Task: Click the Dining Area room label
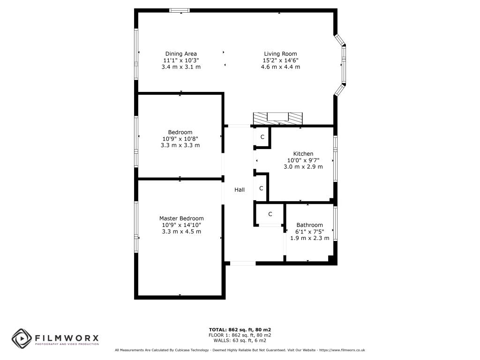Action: click(x=181, y=54)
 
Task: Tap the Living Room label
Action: click(x=280, y=54)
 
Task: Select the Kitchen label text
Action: click(x=303, y=154)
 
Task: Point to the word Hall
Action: click(x=240, y=190)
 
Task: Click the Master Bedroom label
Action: click(x=181, y=218)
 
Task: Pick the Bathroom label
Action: click(x=309, y=225)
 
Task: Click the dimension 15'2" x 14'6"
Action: click(x=280, y=60)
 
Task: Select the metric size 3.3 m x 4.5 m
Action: click(x=181, y=232)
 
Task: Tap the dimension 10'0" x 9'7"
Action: click(x=303, y=160)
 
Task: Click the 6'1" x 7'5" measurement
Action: click(x=309, y=232)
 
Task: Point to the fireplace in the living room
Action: click(x=277, y=119)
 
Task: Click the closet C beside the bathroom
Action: click(x=270, y=214)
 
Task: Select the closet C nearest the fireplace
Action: click(x=262, y=137)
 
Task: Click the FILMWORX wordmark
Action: click(x=67, y=338)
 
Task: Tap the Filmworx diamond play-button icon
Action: click(x=22, y=338)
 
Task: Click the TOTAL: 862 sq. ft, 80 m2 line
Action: click(x=240, y=330)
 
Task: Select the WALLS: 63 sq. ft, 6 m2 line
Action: click(x=240, y=340)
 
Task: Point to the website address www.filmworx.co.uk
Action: click(x=342, y=350)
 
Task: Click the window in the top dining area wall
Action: click(x=180, y=10)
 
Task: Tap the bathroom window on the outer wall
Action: click(x=335, y=224)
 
